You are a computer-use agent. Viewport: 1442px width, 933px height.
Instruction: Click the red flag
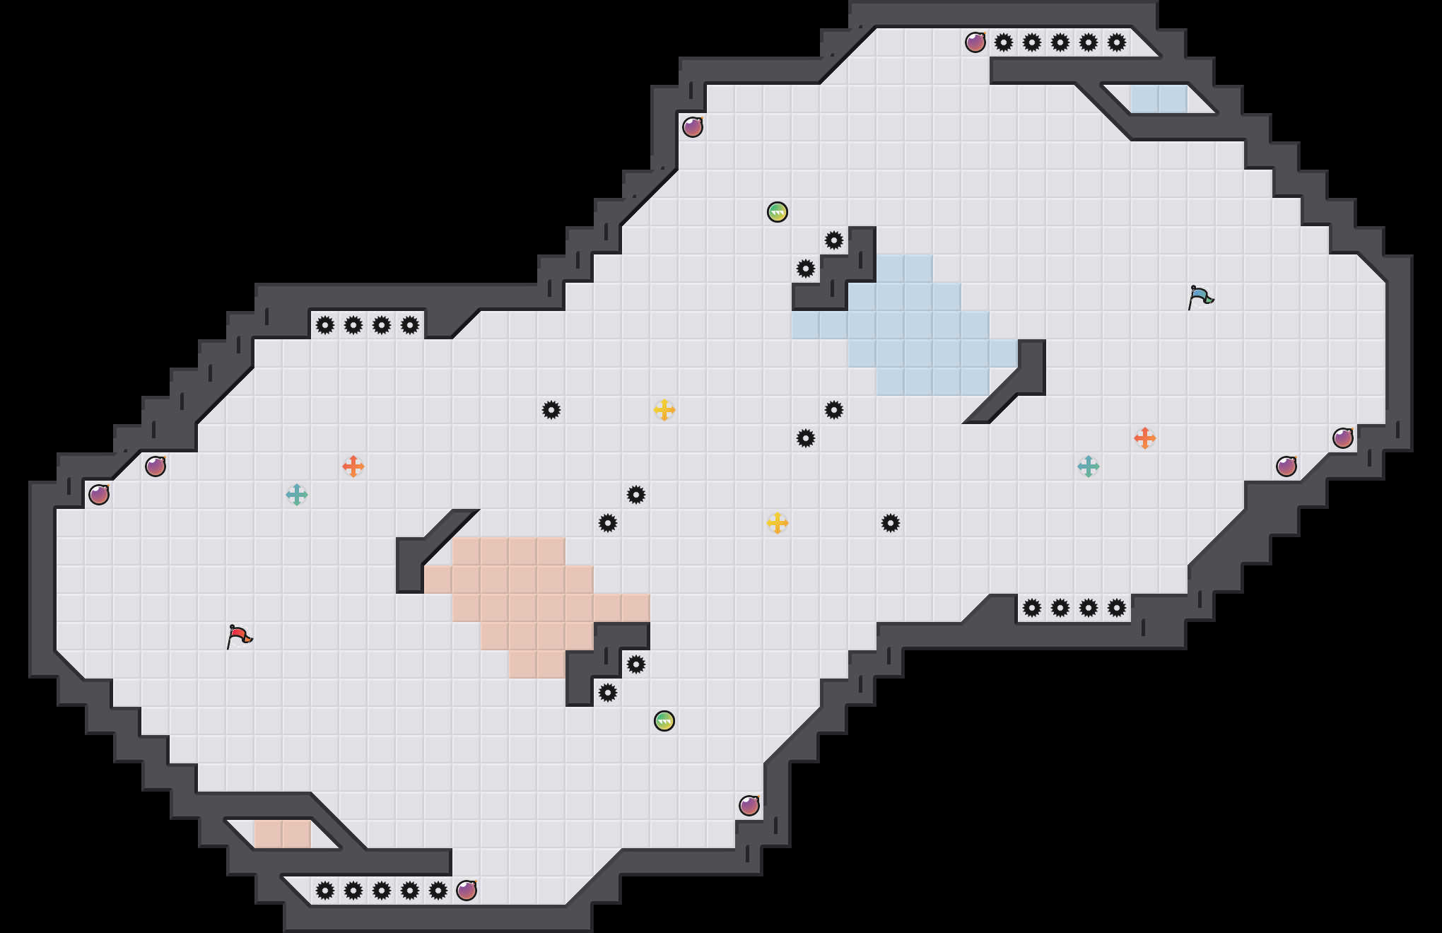239,636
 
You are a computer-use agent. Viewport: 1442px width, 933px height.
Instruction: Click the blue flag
1200,297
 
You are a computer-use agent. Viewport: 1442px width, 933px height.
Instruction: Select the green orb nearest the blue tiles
778,212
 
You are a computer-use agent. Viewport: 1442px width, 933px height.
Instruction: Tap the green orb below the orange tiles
664,721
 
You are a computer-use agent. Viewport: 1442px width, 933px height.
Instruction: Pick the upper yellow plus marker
664,410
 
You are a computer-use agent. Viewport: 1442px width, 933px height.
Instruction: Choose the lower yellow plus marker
778,523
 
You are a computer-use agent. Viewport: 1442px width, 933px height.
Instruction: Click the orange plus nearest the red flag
353,466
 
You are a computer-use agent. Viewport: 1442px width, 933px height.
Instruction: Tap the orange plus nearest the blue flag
1145,438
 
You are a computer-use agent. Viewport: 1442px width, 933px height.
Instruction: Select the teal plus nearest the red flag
297,495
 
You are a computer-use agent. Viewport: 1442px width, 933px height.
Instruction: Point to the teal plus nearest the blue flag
1089,466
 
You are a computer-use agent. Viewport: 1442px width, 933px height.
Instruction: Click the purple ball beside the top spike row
975,42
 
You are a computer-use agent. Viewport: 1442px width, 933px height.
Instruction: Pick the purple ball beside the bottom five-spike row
467,891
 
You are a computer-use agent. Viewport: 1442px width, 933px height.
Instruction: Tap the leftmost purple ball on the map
99,495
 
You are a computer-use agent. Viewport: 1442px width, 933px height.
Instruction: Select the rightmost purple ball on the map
1343,438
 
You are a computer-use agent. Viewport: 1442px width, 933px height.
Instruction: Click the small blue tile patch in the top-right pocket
1159,99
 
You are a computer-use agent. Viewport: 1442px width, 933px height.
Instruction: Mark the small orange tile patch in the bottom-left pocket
283,834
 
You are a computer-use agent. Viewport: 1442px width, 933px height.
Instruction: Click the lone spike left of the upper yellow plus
551,410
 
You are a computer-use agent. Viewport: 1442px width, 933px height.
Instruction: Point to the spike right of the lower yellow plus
891,523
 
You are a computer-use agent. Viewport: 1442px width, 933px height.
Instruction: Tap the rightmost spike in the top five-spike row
1117,42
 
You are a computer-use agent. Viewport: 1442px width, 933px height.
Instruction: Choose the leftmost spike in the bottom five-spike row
325,891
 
